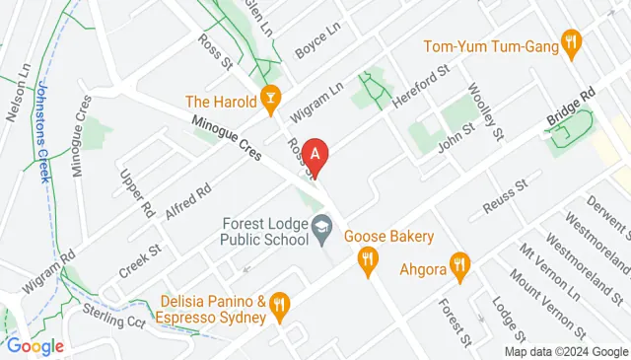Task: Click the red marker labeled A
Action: (315, 154)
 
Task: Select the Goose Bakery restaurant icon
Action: (368, 258)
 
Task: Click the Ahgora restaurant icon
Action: (458, 263)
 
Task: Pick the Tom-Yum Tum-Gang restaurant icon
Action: (570, 41)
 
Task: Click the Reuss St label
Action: (506, 195)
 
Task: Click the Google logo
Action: (35, 346)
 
